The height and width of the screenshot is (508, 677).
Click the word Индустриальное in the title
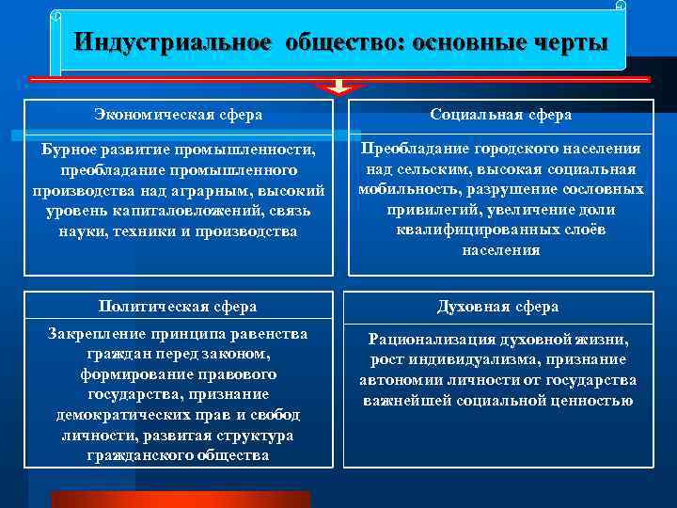(173, 43)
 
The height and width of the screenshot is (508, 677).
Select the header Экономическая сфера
(178, 114)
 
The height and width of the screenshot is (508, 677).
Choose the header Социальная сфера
(500, 114)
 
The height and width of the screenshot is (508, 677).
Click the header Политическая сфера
(178, 306)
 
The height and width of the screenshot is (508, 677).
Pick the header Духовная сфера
(497, 306)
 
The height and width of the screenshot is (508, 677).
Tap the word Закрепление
(92, 333)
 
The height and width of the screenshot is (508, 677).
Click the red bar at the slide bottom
(179, 499)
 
